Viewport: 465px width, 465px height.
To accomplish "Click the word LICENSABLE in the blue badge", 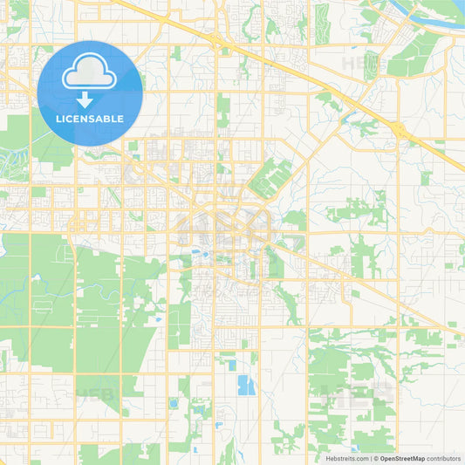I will click(90, 119).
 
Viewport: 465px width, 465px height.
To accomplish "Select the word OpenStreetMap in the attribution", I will click(402, 458).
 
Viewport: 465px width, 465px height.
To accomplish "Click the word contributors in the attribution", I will click(444, 458).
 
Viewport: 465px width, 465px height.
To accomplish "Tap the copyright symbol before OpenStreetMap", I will click(376, 458).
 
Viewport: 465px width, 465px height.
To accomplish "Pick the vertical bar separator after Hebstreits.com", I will click(370, 458).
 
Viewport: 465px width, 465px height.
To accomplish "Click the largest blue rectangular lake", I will click(247, 385).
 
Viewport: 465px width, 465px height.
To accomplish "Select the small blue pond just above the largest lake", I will click(231, 365).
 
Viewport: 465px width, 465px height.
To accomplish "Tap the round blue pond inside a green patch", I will click(174, 403).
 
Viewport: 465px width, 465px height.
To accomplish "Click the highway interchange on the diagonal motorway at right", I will click(400, 130).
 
